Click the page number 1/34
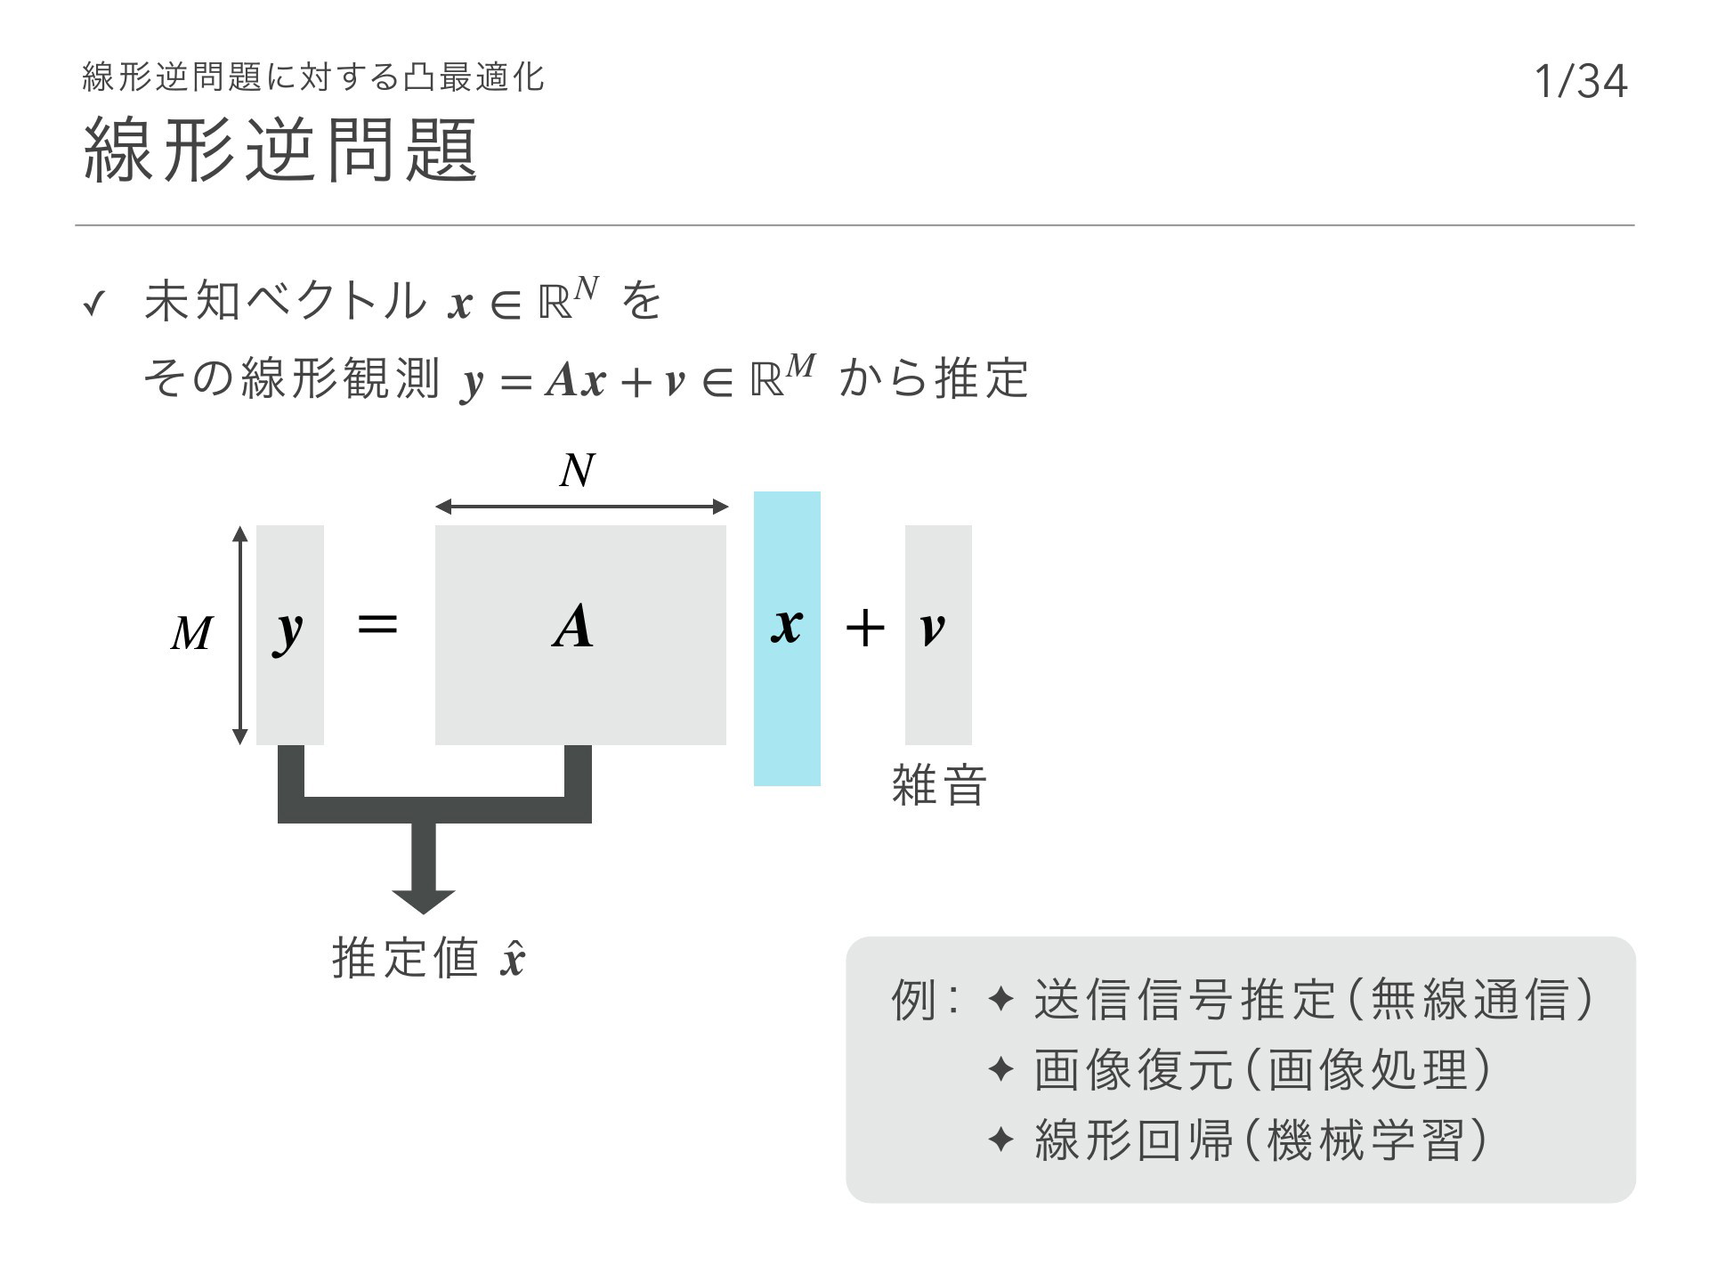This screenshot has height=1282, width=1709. coord(1581,81)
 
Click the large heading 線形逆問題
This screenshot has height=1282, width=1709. coord(281,150)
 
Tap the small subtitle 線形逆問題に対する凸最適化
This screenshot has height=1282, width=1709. coord(312,77)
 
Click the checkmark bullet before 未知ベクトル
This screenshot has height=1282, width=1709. coord(93,306)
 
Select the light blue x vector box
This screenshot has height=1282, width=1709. coord(787,638)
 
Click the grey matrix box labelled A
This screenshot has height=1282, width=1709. coord(580,635)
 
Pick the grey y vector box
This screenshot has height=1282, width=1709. coord(290,635)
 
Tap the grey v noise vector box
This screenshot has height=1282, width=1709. coord(938,635)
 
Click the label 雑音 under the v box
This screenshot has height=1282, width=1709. coord(939,785)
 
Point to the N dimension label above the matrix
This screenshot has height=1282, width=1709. coord(577,471)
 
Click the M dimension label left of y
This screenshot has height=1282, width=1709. coord(191,634)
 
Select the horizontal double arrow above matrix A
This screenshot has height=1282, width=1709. coord(582,507)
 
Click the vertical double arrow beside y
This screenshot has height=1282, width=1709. coord(239,635)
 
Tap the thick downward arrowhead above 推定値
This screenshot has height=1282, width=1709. coord(424,901)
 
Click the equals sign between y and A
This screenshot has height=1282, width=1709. coord(377,625)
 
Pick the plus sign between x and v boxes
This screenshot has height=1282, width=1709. coord(865,628)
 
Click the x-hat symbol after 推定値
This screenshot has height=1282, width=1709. coord(513,959)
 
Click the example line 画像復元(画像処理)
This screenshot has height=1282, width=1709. coord(1262,1070)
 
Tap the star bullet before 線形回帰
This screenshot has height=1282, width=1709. coord(1000,1140)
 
